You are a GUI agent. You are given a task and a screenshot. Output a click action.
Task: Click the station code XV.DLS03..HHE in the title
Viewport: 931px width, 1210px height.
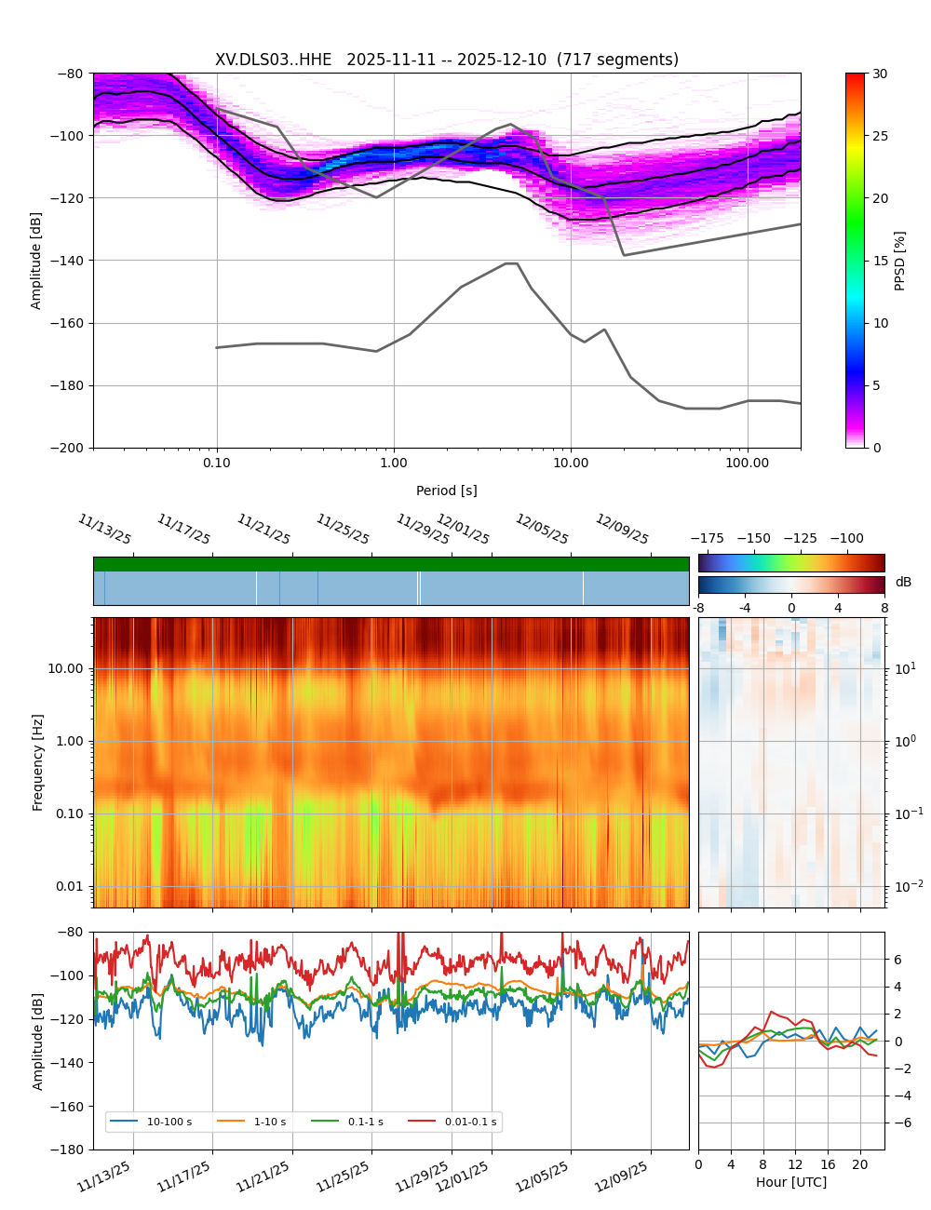click(273, 60)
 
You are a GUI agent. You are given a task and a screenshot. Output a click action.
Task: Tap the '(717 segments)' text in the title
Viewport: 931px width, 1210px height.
click(617, 60)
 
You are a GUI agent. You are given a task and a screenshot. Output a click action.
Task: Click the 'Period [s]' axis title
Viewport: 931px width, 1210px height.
click(447, 491)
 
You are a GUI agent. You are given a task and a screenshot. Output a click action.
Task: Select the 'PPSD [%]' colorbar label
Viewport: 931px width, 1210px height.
click(900, 261)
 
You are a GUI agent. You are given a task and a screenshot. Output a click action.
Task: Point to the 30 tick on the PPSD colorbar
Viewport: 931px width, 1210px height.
click(880, 74)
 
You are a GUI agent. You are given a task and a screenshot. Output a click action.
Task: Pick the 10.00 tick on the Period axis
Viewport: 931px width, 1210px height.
click(571, 463)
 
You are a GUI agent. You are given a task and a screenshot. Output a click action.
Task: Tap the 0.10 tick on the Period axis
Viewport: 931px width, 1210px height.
click(217, 463)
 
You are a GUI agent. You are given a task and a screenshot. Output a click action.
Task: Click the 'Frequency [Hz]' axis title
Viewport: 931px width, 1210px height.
click(38, 762)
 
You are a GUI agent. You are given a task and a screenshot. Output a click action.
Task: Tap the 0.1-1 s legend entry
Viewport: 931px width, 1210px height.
click(365, 1123)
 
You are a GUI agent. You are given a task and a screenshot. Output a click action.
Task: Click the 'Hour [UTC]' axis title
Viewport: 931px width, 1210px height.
click(791, 1182)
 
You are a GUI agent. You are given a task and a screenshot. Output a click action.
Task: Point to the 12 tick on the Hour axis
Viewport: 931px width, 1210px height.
click(795, 1164)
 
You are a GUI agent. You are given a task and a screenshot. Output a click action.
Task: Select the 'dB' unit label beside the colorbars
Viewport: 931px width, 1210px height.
click(903, 582)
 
